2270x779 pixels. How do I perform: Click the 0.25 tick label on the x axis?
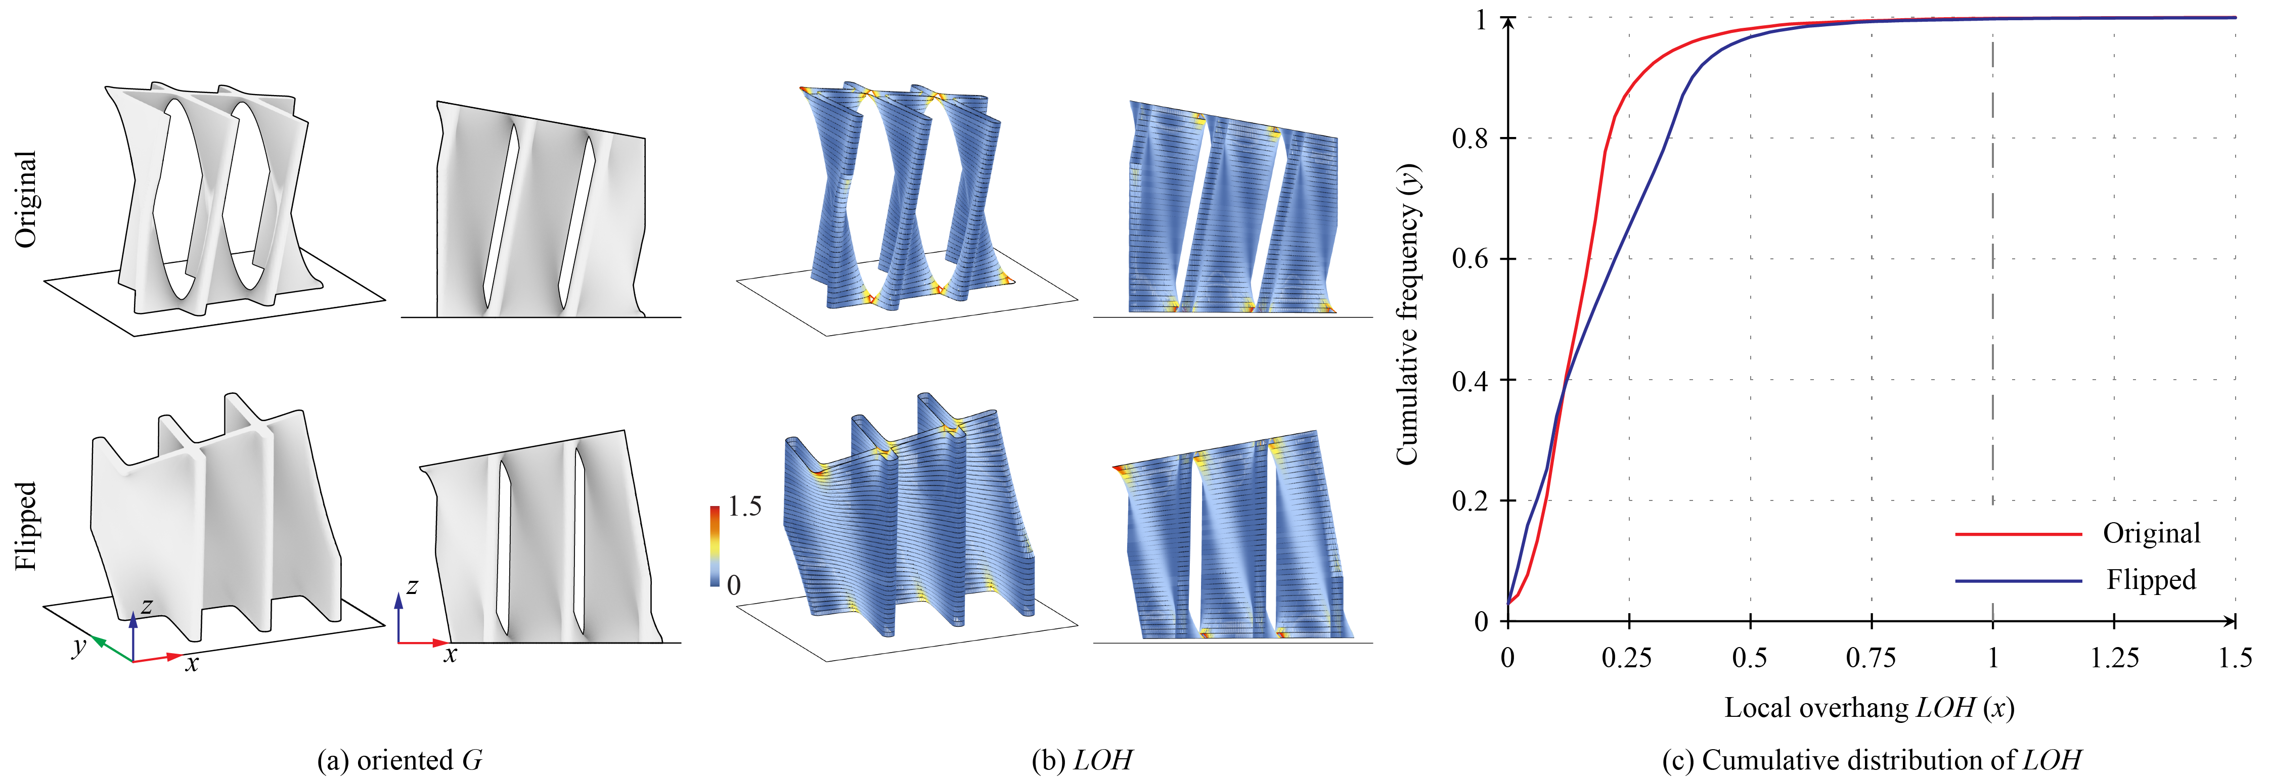[1628, 657]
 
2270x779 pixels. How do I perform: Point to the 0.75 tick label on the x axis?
[1871, 657]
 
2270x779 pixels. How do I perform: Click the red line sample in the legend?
[2018, 534]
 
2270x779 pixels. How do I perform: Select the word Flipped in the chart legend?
[2151, 580]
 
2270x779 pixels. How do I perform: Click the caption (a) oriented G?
[399, 760]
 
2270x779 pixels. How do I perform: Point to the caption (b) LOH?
[1082, 760]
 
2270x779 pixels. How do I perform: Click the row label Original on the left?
[26, 199]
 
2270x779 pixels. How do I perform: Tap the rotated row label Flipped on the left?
[26, 526]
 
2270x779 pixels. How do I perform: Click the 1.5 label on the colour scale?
[745, 507]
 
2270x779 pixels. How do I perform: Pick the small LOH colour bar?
[715, 546]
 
